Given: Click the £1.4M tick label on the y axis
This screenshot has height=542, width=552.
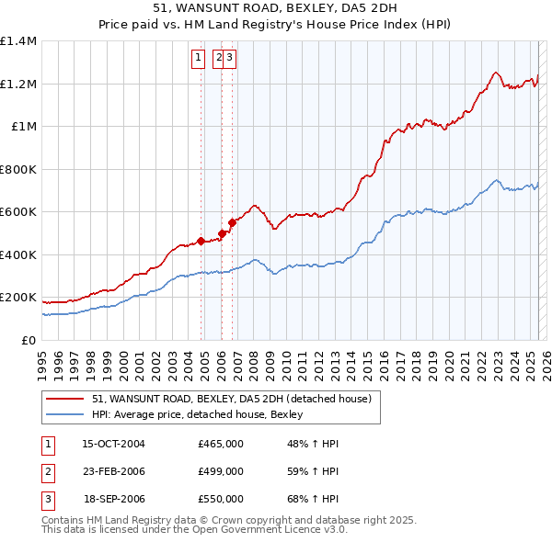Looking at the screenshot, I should tap(18, 41).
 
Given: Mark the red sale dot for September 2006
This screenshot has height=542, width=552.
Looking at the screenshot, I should tap(233, 223).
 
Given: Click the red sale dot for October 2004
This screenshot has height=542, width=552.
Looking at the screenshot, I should tap(201, 242).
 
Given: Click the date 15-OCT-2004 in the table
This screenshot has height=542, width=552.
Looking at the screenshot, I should tap(114, 444).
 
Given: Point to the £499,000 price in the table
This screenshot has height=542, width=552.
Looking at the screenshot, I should tap(221, 471).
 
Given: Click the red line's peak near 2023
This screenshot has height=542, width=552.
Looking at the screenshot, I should tap(495, 72).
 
